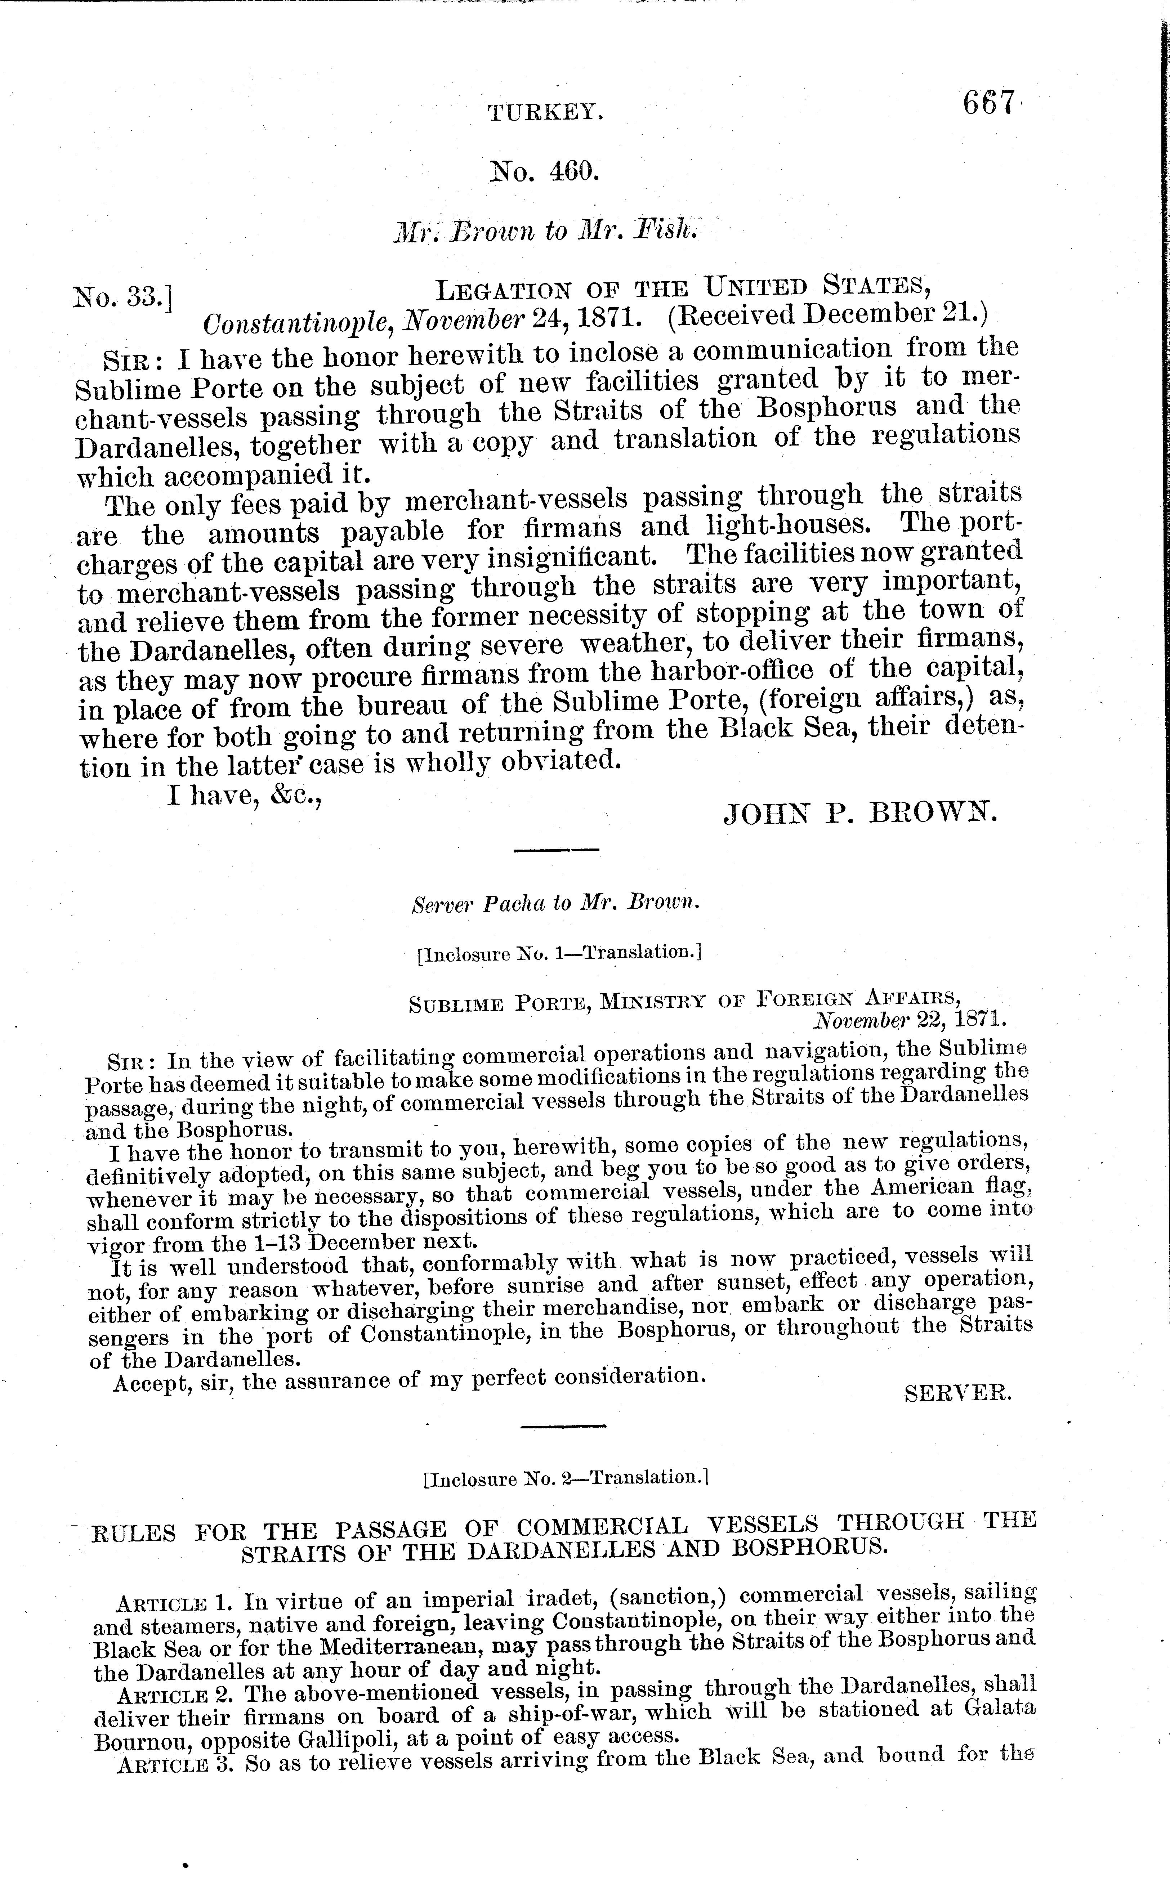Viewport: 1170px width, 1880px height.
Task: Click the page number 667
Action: point(988,103)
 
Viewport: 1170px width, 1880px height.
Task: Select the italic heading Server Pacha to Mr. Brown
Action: point(555,903)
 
